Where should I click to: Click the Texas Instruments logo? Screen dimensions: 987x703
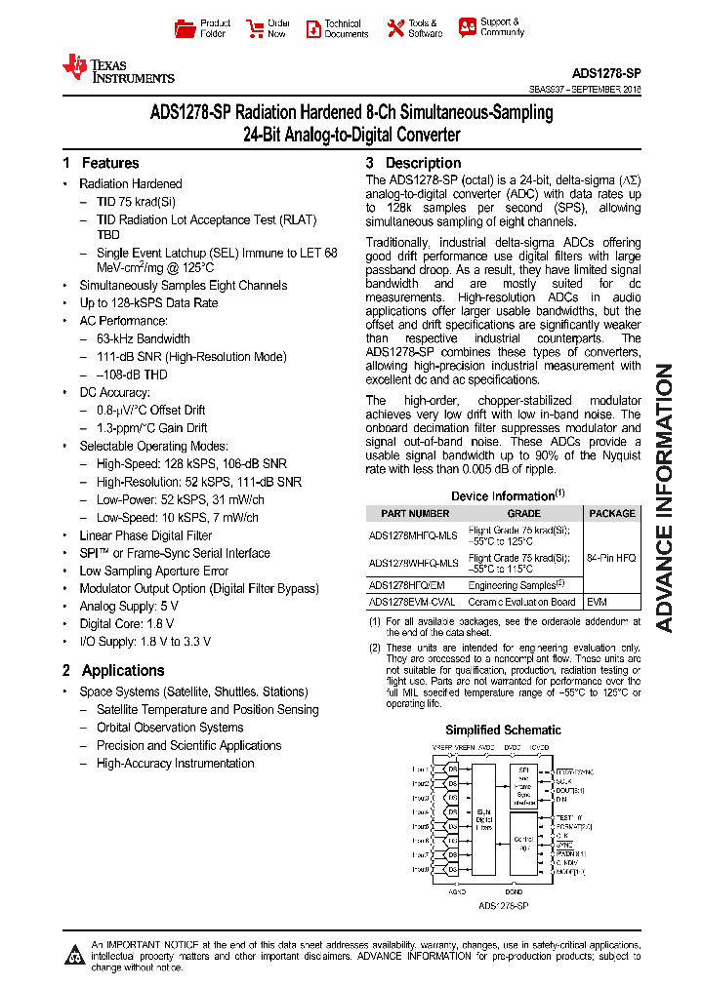pos(117,68)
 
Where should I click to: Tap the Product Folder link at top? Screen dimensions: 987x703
pos(203,28)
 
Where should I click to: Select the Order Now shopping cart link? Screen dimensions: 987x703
pos(269,28)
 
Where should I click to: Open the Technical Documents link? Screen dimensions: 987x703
pos(337,28)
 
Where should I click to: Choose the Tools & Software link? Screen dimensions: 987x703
pos(413,28)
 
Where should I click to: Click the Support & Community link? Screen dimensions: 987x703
pos(491,27)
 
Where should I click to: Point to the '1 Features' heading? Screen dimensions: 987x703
pos(101,163)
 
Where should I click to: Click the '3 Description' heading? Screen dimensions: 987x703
pos(413,163)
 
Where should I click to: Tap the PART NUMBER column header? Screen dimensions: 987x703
pos(415,513)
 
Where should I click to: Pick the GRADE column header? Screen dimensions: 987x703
pos(523,513)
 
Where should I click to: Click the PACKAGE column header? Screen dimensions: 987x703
pos(612,513)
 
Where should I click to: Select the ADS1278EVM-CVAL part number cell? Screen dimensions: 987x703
pos(413,602)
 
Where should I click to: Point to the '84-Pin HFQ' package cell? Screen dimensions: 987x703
pos(612,557)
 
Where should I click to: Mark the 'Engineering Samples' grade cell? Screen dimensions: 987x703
pos(517,584)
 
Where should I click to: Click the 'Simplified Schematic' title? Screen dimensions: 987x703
pos(503,730)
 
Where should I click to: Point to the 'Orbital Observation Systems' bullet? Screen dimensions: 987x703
pos(170,728)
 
